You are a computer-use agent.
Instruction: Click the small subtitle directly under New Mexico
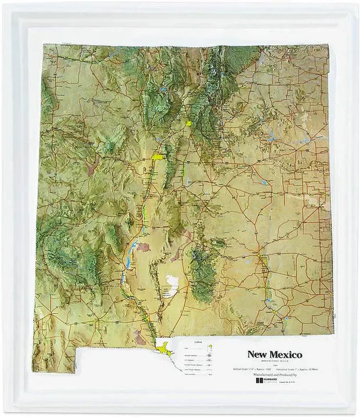coord(274,362)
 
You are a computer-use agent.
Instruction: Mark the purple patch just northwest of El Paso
coord(143,335)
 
